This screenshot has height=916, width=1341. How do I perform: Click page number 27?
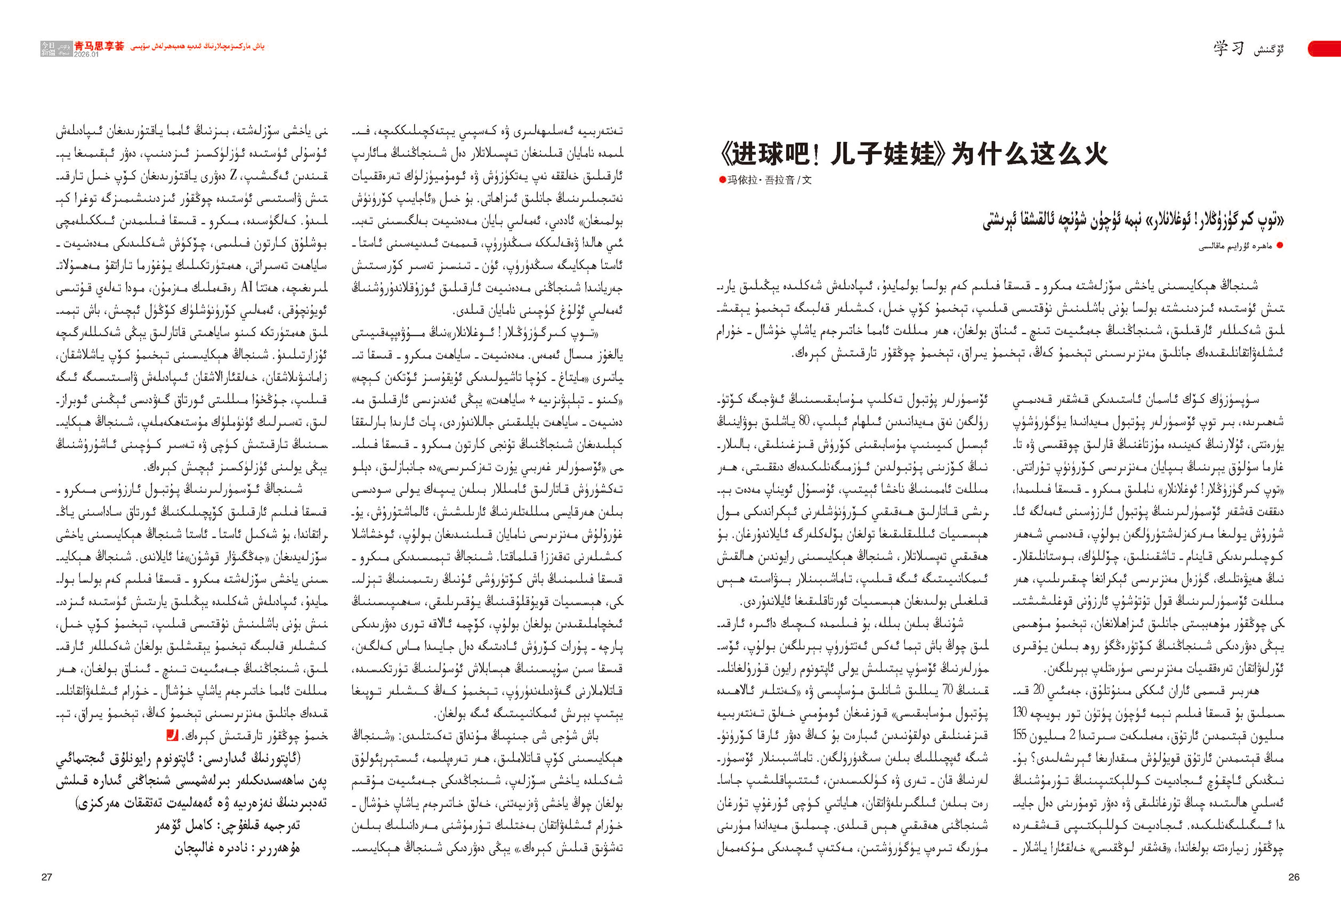47,877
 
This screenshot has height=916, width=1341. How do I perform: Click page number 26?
1294,877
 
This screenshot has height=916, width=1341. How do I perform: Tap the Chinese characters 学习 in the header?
1229,49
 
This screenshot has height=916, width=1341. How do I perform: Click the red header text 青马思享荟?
99,46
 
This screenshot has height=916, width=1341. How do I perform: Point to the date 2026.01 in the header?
86,55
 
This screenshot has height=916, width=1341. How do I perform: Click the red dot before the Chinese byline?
722,180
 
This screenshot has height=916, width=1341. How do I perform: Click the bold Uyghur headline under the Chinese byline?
1130,221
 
